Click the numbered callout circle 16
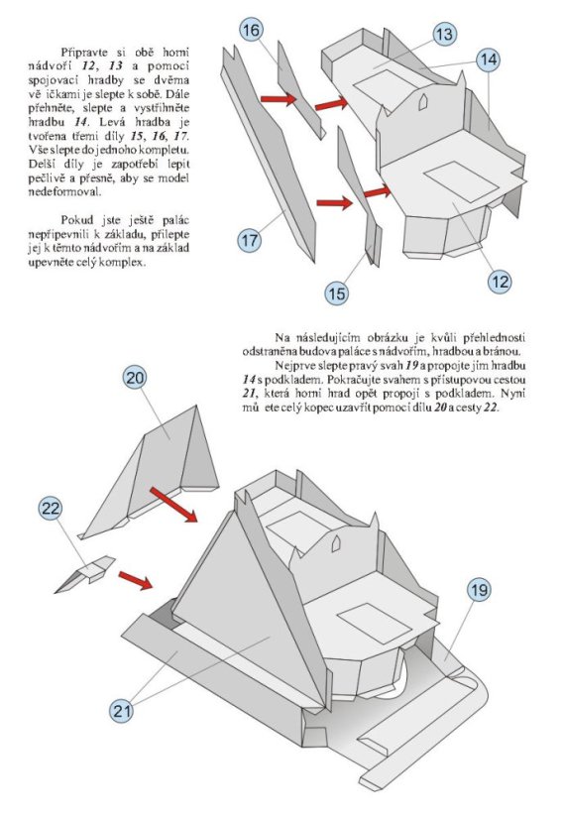[x=251, y=31]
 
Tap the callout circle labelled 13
[x=444, y=35]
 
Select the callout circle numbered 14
[x=489, y=59]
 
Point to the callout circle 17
[x=249, y=241]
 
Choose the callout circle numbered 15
[x=336, y=293]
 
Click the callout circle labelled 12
[x=500, y=282]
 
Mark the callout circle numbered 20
[x=135, y=378]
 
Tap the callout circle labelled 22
[x=51, y=508]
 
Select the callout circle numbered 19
[x=479, y=590]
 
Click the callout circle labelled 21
[x=121, y=711]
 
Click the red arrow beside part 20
[x=173, y=505]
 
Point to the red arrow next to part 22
[x=135, y=580]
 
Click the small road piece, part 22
[x=84, y=573]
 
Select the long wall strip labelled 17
[x=269, y=154]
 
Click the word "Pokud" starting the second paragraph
[x=75, y=220]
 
